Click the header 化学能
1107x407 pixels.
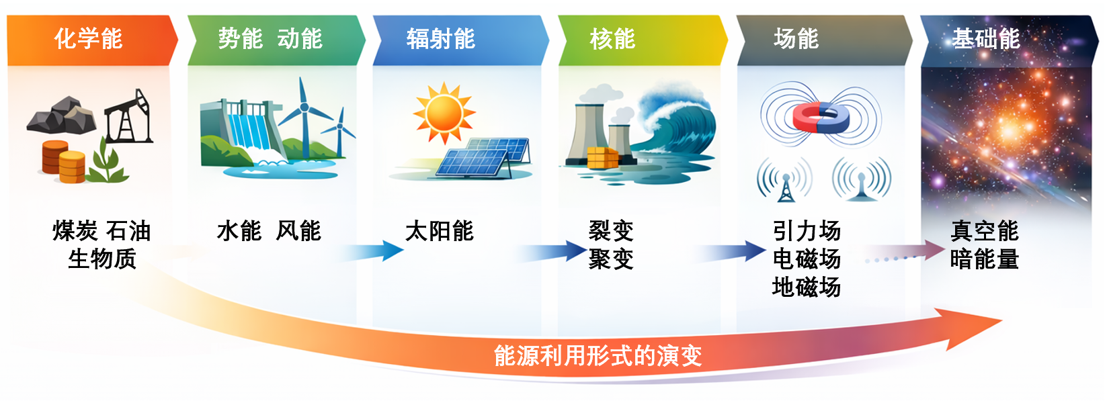click(x=88, y=38)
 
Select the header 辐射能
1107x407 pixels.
click(x=441, y=38)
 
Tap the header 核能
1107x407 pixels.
click(x=612, y=38)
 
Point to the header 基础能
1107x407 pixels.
click(x=986, y=38)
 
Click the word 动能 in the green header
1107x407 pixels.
click(x=300, y=38)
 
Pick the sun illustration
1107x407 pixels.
click(x=444, y=113)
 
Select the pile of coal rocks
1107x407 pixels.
click(x=62, y=116)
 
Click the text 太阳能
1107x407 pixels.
click(x=440, y=231)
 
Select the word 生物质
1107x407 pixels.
click(x=102, y=259)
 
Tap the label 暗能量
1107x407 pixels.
click(x=985, y=259)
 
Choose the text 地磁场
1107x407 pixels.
click(x=807, y=287)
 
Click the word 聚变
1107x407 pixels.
click(x=612, y=259)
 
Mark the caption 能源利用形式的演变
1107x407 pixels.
click(x=598, y=356)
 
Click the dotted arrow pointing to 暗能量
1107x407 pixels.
click(x=905, y=253)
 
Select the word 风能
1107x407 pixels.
click(x=298, y=231)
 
